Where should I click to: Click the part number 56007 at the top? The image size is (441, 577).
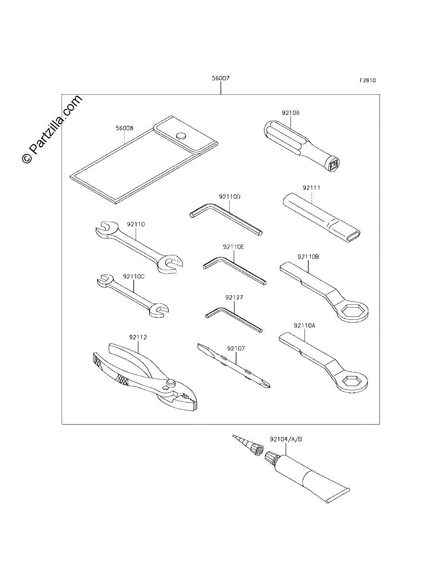coord(221,78)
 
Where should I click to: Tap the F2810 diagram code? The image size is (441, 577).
coord(368,80)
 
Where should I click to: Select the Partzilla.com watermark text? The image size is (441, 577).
coord(52,129)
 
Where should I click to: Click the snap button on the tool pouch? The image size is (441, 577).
coord(181,136)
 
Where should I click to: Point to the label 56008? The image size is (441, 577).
coord(125,128)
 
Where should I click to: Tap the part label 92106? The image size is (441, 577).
coord(290,113)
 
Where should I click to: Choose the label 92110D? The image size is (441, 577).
coord(229,197)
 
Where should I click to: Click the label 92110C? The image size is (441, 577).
coord(134,276)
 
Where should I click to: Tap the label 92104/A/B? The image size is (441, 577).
coord(286,439)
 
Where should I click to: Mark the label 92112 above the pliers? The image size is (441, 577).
coord(138,337)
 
